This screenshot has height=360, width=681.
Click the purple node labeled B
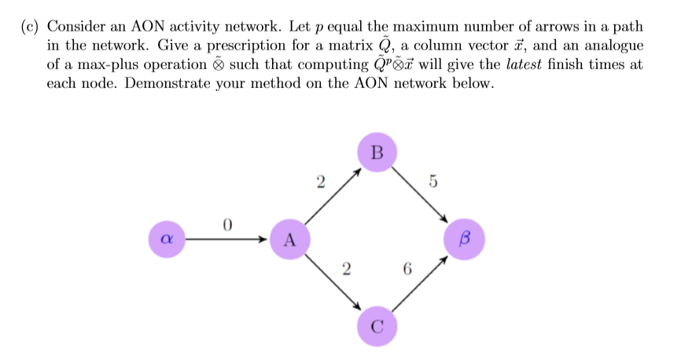tap(377, 152)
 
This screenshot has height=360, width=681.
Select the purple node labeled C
tap(377, 325)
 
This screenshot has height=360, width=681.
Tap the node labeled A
tap(289, 240)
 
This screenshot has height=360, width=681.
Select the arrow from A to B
tap(332, 197)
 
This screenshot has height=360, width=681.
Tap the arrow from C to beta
tap(421, 281)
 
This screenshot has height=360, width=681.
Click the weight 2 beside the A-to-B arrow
tap(319, 182)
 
